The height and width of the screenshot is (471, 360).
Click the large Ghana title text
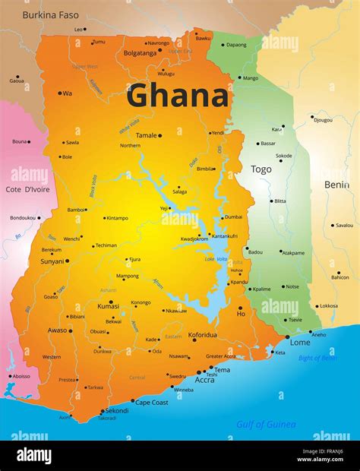point(177,96)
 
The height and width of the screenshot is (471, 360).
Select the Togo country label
point(261,169)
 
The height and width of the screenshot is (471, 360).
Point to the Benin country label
point(336,185)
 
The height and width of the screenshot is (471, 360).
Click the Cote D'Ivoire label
point(27,189)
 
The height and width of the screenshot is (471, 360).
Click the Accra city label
point(204,380)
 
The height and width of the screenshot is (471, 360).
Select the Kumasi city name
point(109,305)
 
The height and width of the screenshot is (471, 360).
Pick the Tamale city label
point(147,135)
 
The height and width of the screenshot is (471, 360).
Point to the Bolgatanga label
point(140,53)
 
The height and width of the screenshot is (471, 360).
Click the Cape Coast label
point(152,403)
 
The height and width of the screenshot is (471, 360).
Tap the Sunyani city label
point(52,261)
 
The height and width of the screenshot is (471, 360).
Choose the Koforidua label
point(203,334)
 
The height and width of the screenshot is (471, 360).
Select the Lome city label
point(300,343)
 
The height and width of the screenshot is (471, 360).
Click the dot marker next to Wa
point(60,93)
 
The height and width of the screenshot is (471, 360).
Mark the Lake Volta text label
point(216,259)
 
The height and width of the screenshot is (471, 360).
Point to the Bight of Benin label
point(315,358)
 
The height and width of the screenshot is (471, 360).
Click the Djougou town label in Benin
point(323,120)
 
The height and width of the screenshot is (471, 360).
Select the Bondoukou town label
point(23,218)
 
